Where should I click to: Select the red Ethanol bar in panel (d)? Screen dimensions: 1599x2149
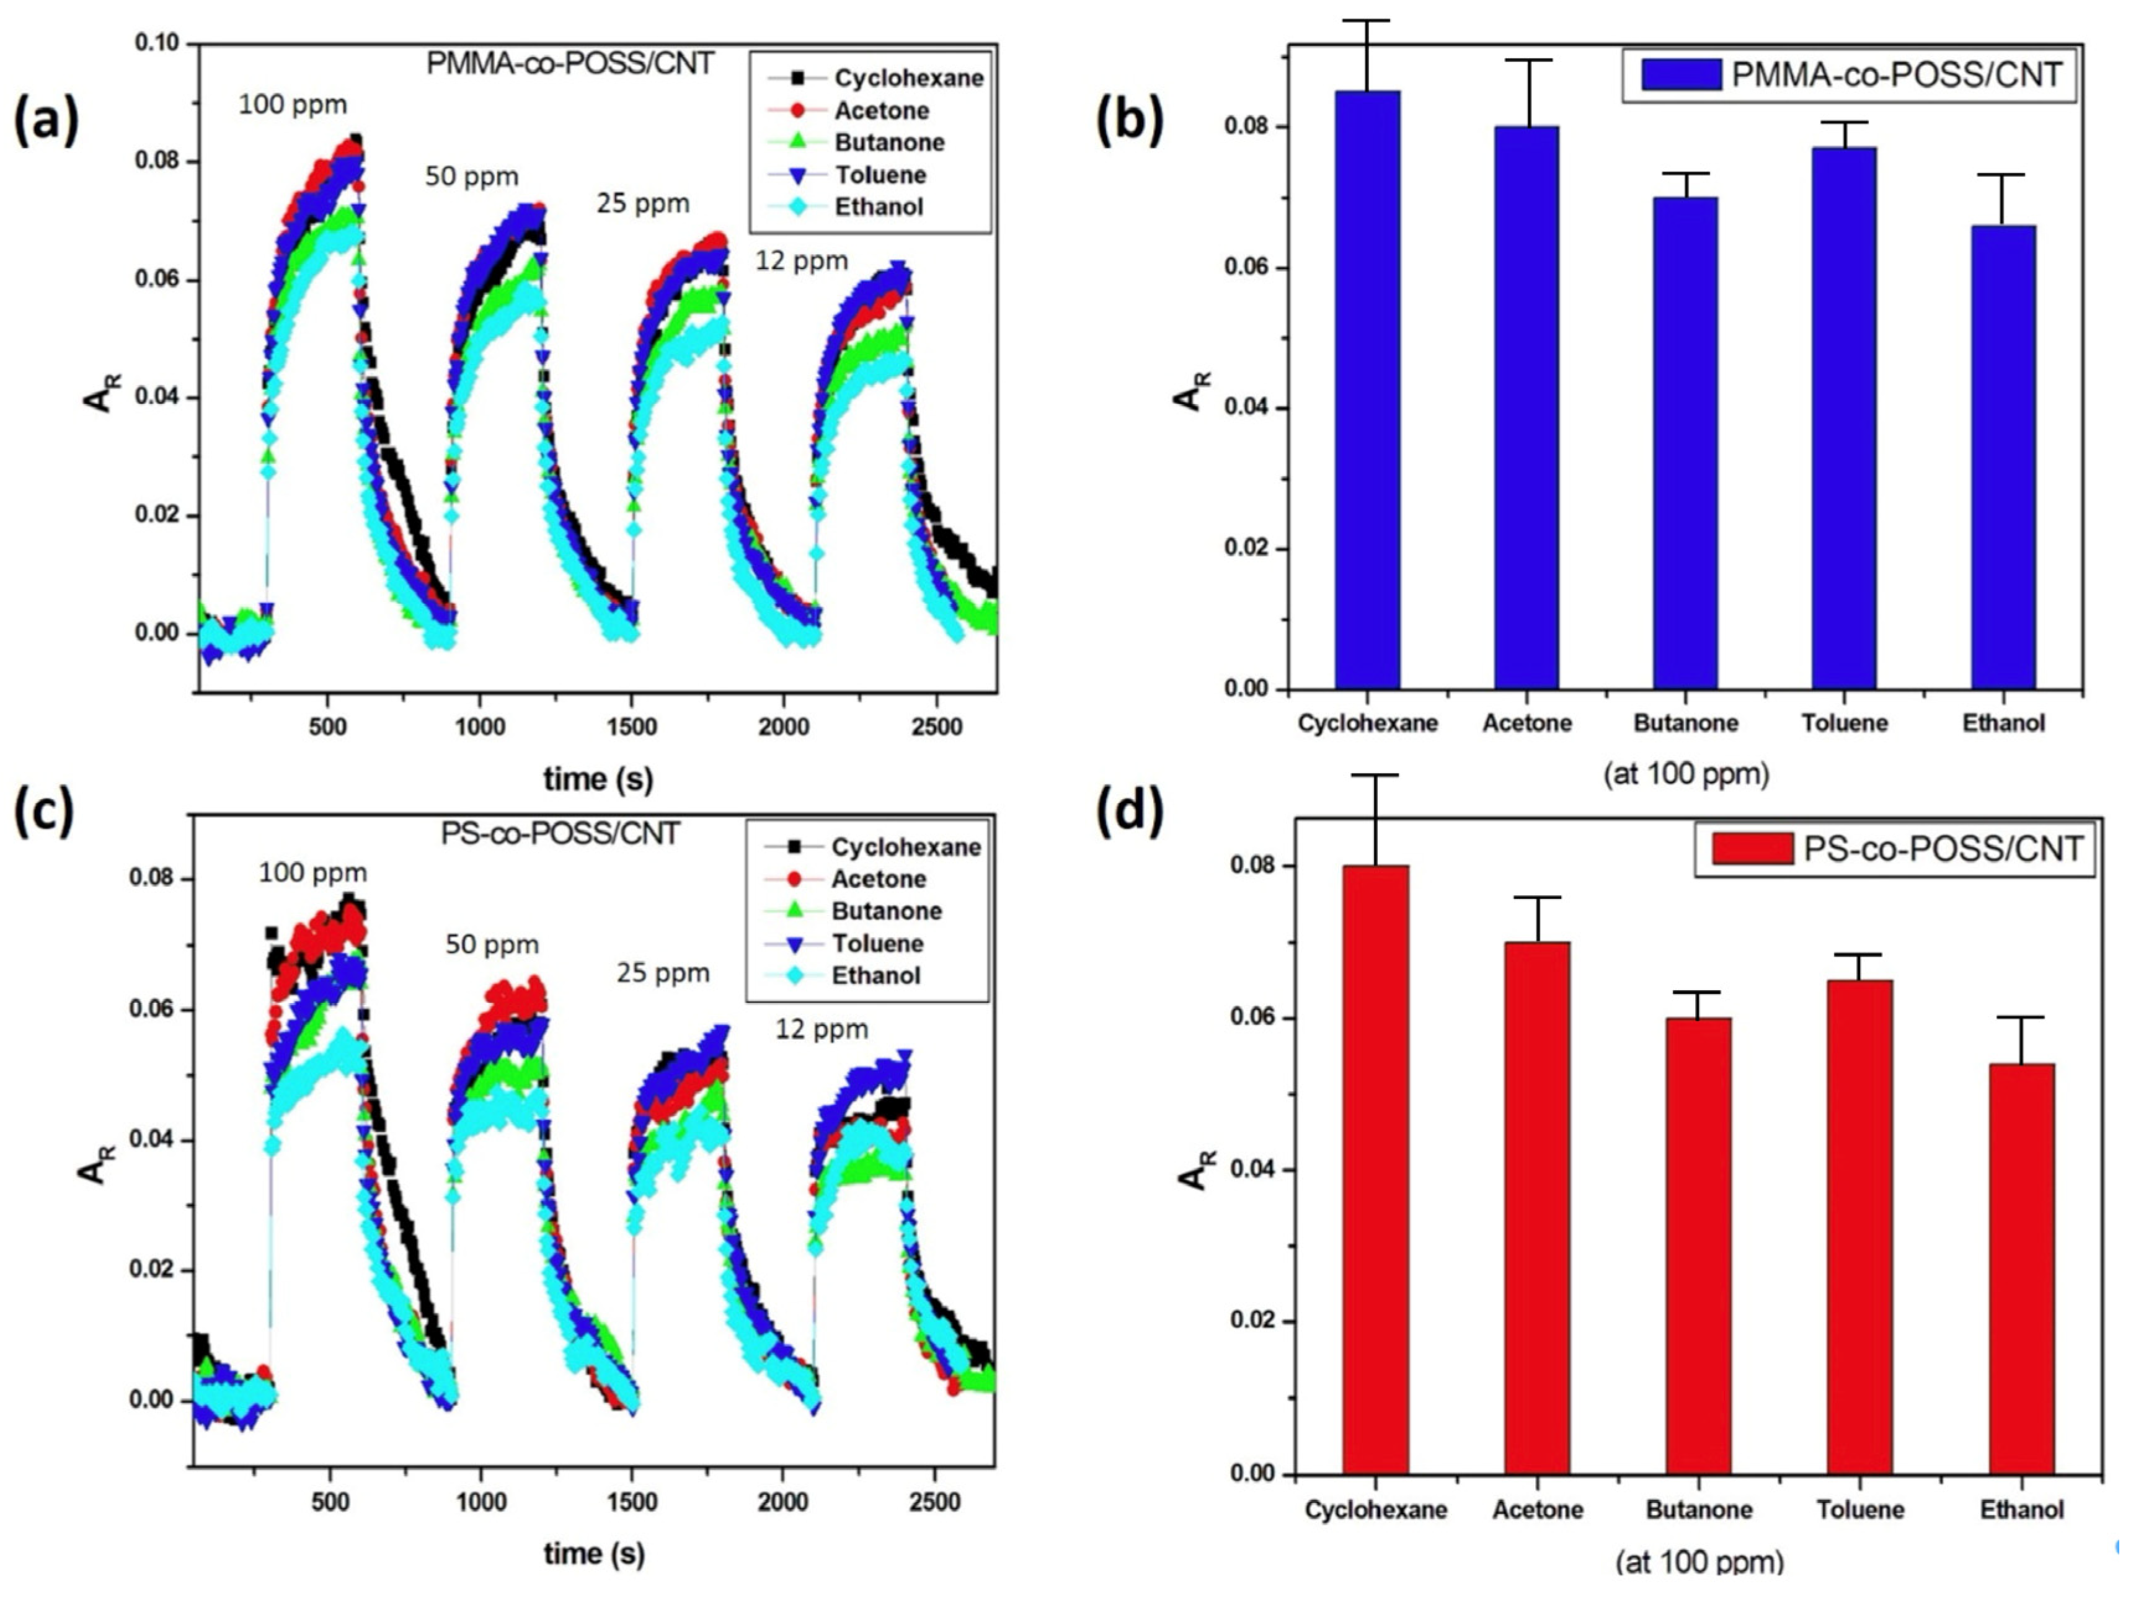(2021, 1268)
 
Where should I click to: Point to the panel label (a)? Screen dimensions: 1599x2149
(45, 123)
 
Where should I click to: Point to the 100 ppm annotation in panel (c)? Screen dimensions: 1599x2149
(312, 873)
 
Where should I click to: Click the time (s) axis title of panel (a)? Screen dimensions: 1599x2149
(597, 778)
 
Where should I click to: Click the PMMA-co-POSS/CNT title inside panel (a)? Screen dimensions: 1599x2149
(570, 64)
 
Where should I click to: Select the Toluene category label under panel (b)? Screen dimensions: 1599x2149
(1844, 723)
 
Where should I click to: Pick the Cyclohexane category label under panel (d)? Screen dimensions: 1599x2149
(1376, 1510)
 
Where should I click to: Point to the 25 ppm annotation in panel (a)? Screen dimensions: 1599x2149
(643, 204)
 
